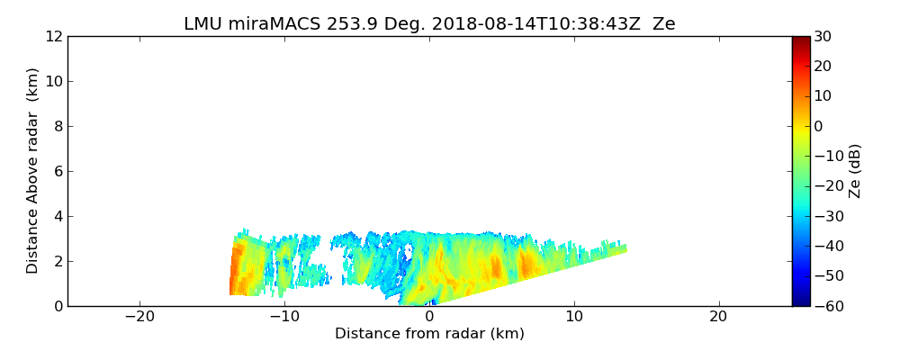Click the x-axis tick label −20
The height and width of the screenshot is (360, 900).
(x=139, y=317)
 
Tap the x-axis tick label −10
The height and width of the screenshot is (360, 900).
(x=284, y=317)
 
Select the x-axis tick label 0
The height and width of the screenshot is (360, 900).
(x=429, y=317)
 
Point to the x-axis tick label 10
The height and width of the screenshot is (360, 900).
(x=574, y=317)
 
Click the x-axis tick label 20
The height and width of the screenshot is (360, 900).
(x=718, y=317)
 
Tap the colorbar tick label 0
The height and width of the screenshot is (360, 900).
(x=819, y=127)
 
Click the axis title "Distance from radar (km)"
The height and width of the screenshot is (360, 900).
(x=429, y=334)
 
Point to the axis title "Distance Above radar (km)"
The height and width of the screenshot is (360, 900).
(x=32, y=171)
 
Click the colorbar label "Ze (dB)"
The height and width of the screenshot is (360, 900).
(x=855, y=171)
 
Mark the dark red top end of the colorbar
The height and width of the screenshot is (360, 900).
(x=800, y=40)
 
